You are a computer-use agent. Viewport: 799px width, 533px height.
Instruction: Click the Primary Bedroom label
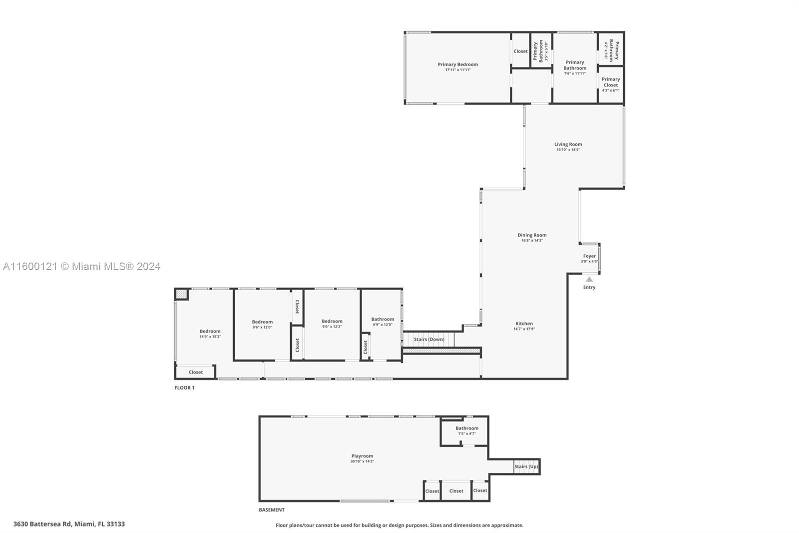coord(457,64)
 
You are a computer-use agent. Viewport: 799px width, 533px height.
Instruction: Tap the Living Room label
coord(568,144)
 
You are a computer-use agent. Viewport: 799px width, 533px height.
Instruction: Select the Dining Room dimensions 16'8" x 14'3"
coord(532,240)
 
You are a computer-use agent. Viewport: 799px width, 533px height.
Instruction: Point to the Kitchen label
coord(524,323)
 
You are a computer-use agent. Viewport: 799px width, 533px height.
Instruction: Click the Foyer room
coord(589,258)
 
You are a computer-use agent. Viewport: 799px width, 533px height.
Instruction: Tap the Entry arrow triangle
coord(589,279)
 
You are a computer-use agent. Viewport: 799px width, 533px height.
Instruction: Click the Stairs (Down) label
coord(428,339)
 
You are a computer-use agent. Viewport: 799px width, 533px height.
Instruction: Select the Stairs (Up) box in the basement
coord(526,466)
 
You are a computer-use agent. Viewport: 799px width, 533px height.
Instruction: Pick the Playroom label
coord(362,456)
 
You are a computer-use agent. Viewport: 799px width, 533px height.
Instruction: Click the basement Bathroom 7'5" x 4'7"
coord(466,430)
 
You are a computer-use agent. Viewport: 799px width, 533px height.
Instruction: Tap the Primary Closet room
coord(610,84)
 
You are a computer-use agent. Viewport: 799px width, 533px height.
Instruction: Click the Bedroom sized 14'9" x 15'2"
coord(210,333)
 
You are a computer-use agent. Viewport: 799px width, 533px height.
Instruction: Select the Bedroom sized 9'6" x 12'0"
coord(262,324)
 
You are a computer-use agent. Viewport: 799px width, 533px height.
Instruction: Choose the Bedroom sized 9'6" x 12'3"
coord(332,323)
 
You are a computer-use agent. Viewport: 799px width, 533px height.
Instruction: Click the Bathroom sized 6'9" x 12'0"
coord(383,321)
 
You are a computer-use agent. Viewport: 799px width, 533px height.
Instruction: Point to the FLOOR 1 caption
coord(184,388)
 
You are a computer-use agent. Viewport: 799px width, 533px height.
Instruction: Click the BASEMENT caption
coord(272,510)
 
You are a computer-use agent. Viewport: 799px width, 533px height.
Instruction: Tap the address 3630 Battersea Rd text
coord(69,524)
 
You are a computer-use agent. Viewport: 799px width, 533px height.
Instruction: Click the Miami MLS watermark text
coord(81,266)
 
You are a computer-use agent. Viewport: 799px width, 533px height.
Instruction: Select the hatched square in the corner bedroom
coord(181,294)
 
